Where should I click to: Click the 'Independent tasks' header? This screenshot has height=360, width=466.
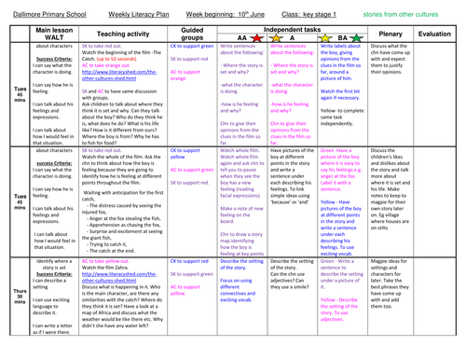click(318, 26)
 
